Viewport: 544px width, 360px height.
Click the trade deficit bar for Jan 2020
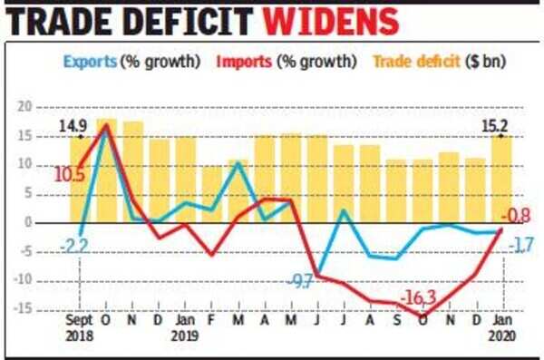pos(500,177)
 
